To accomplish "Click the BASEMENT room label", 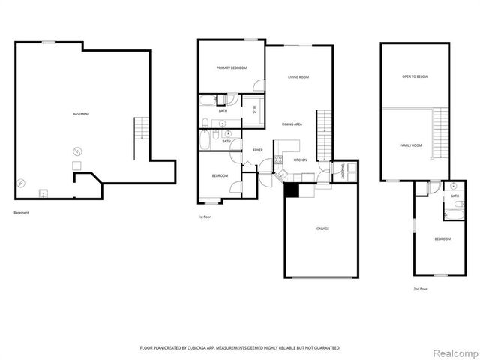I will coord(81,114).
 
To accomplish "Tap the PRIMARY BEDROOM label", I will coord(232,68).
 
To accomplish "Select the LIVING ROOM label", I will coord(299,77).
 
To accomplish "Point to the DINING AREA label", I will coord(292,124).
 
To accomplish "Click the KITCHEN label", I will coord(300,160).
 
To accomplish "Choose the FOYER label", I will coord(257,150).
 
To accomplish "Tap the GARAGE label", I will coord(322,228).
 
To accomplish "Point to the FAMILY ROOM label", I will coord(410,145).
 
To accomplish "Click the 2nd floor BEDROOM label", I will coord(442,238).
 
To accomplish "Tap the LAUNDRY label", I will coord(343,170).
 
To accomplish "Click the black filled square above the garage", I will coord(292,190).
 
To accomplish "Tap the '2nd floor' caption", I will coord(420,288).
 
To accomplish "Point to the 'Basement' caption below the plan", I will coord(22,213).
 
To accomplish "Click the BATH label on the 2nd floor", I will coord(455,196).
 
